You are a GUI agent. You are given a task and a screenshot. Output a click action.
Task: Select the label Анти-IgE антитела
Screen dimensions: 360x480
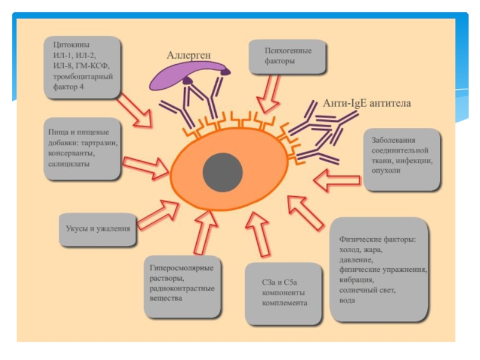(x=367, y=103)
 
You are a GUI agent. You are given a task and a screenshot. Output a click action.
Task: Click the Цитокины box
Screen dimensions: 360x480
(x=83, y=66)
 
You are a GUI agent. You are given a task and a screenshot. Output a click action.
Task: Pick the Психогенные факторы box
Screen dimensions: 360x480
(x=288, y=56)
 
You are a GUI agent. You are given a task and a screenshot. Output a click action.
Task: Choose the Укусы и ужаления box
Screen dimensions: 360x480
(x=97, y=229)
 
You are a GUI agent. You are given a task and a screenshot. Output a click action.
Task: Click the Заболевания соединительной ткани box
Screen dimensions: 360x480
(x=402, y=157)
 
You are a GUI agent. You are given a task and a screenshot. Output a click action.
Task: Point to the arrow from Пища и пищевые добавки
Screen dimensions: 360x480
(x=146, y=165)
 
